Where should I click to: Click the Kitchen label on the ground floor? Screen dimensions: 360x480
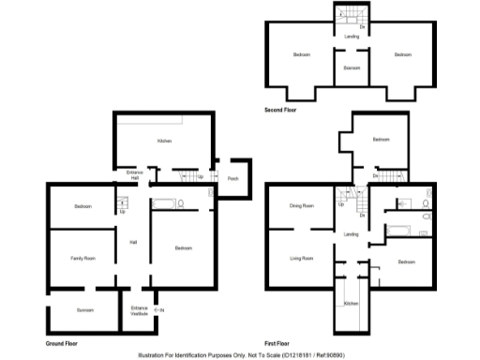pos(164,141)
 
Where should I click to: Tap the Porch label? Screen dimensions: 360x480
pos(233,176)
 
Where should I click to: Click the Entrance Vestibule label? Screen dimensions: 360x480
pos(139,310)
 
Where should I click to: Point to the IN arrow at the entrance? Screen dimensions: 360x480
pos(160,309)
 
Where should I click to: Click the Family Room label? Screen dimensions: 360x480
pos(83,257)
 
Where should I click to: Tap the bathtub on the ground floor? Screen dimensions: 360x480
pos(163,203)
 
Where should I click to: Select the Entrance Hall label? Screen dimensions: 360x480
pos(134,174)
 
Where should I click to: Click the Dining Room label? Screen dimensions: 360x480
pos(301,205)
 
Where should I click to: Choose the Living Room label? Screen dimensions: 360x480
pos(301,257)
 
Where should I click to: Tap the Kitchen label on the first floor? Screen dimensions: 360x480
pos(351,304)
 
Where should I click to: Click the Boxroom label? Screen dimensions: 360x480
pos(352,67)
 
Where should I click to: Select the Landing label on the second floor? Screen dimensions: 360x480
pos(352,37)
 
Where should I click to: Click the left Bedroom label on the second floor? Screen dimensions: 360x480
pos(301,55)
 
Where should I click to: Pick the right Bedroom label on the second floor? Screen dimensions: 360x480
pos(402,55)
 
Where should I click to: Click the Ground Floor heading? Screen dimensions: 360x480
pos(62,344)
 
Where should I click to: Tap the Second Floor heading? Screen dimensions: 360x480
pos(281,110)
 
